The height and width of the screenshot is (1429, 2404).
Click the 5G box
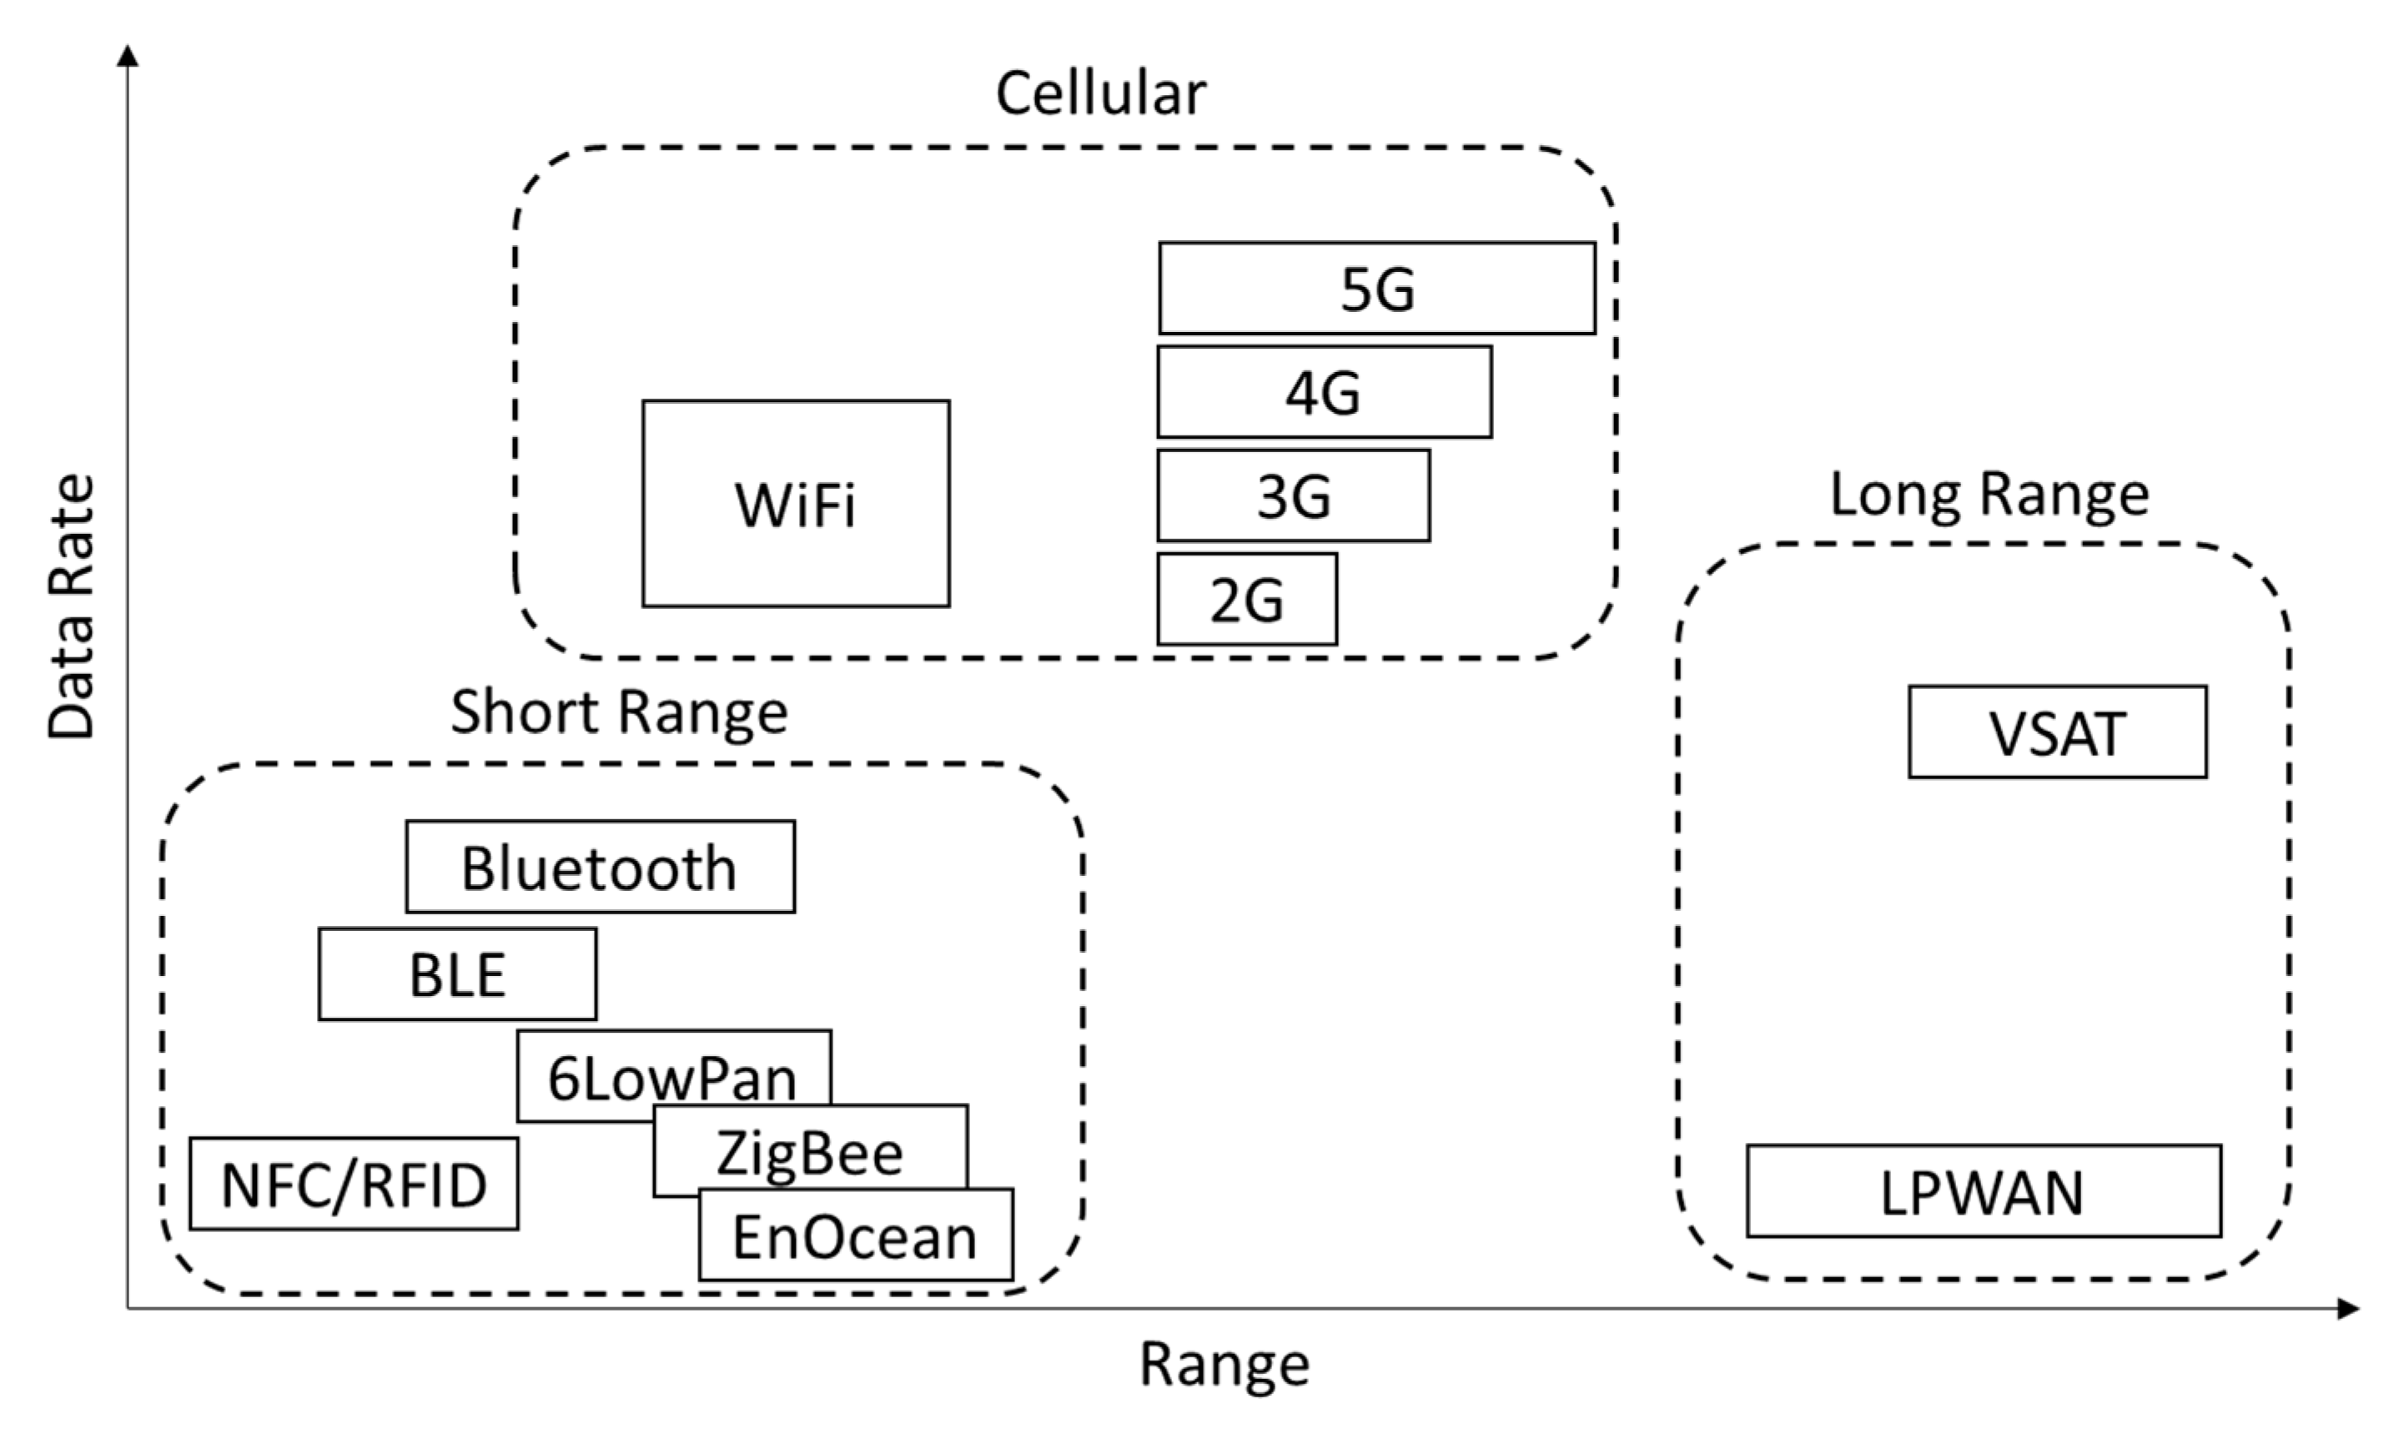point(1376,288)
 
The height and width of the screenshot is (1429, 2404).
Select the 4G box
point(1324,392)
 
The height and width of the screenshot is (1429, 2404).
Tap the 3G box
point(1293,495)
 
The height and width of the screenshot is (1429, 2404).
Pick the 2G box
point(1247,599)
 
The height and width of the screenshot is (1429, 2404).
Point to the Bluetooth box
point(600,867)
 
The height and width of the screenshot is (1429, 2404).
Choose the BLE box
point(457,974)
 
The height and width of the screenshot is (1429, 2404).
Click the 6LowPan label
point(672,1079)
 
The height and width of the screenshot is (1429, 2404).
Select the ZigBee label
point(809,1153)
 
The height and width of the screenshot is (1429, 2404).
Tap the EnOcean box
point(855,1235)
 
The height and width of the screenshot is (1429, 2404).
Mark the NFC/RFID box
point(354,1184)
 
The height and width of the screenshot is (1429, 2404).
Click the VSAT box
point(2057,732)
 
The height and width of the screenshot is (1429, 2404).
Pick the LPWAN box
point(1984,1190)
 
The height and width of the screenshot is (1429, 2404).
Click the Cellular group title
point(1100,93)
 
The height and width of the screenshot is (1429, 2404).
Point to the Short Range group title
point(619,712)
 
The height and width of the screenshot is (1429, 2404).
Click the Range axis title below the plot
point(1225,1365)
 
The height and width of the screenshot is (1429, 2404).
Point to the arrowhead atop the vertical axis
point(127,56)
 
